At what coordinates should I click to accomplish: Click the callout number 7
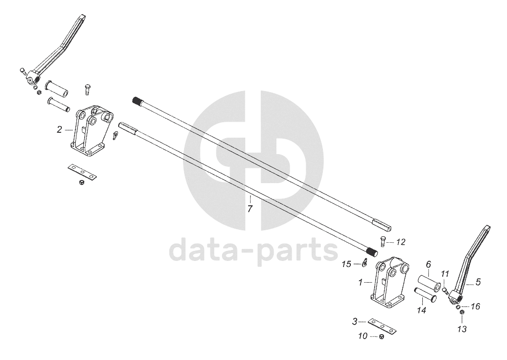click(x=250, y=209)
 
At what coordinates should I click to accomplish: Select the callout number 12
click(x=400, y=242)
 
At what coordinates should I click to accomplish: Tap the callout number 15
click(x=346, y=264)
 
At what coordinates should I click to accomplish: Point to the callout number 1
click(x=361, y=282)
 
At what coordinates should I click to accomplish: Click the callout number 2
click(x=59, y=129)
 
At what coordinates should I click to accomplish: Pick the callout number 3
click(x=355, y=321)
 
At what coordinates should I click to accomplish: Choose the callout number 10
click(x=362, y=336)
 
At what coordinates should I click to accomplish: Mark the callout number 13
click(x=461, y=329)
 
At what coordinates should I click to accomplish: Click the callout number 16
click(x=475, y=306)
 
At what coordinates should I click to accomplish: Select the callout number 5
click(x=478, y=282)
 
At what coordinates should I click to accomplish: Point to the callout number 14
click(x=421, y=309)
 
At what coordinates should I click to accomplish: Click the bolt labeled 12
click(x=382, y=240)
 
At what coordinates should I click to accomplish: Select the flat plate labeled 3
click(x=382, y=325)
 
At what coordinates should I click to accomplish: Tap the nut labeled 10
click(x=381, y=337)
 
